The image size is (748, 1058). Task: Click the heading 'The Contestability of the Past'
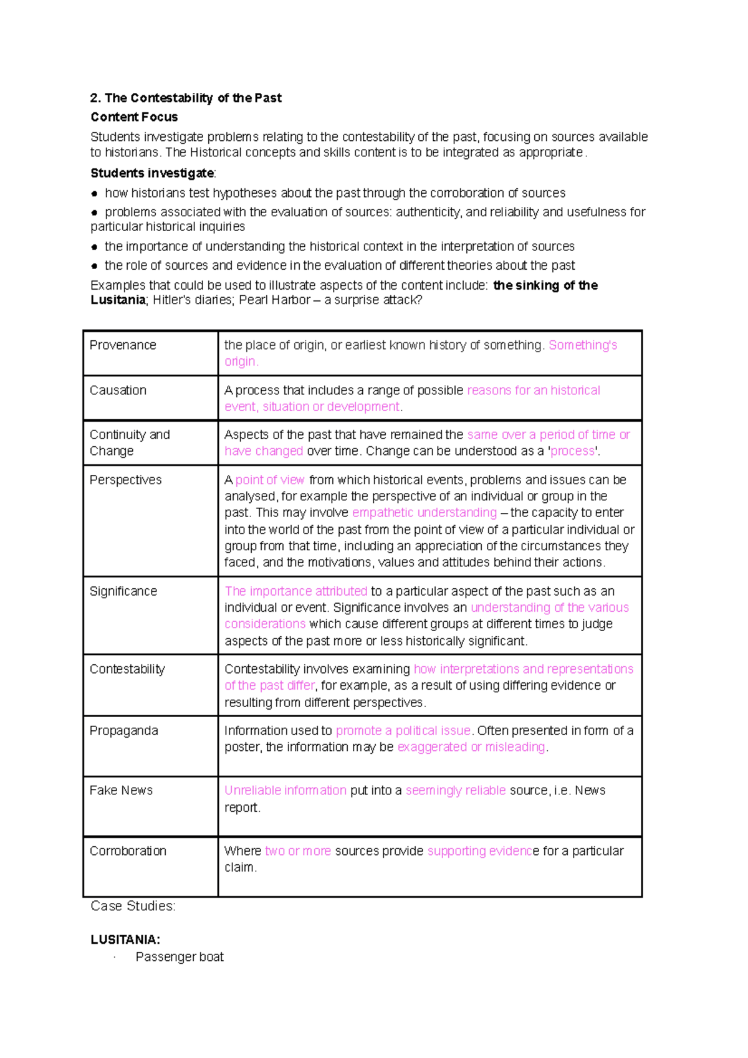tap(186, 98)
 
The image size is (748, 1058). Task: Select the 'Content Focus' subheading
tap(134, 117)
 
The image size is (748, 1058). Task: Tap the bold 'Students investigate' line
tap(152, 173)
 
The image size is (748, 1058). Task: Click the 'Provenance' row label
tap(123, 345)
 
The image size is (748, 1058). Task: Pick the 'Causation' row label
tap(118, 390)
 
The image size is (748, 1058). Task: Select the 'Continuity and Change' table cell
tap(130, 442)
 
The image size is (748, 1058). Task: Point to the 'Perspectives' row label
tap(125, 480)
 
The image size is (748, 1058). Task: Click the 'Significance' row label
tap(123, 591)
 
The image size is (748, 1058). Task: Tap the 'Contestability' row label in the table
tap(127, 669)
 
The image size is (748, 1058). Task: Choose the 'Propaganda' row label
tap(123, 731)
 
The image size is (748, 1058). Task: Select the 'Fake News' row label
tap(121, 791)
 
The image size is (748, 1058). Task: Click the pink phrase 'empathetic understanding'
tap(424, 513)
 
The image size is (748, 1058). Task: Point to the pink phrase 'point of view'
tap(270, 480)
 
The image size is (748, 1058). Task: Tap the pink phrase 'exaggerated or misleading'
tap(471, 747)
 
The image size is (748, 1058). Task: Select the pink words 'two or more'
tap(298, 851)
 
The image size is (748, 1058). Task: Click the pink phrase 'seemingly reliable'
tap(456, 791)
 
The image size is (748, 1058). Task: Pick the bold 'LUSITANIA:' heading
tap(125, 940)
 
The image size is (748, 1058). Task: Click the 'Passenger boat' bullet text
tap(180, 957)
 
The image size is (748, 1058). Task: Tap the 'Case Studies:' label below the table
tap(133, 907)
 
